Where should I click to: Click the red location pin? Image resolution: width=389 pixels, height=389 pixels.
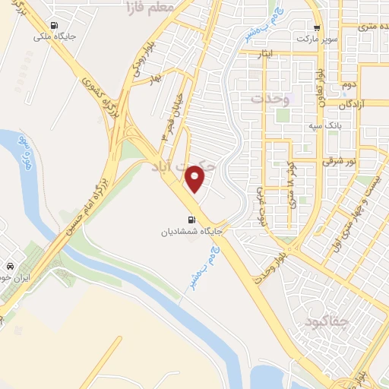point(196,179)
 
